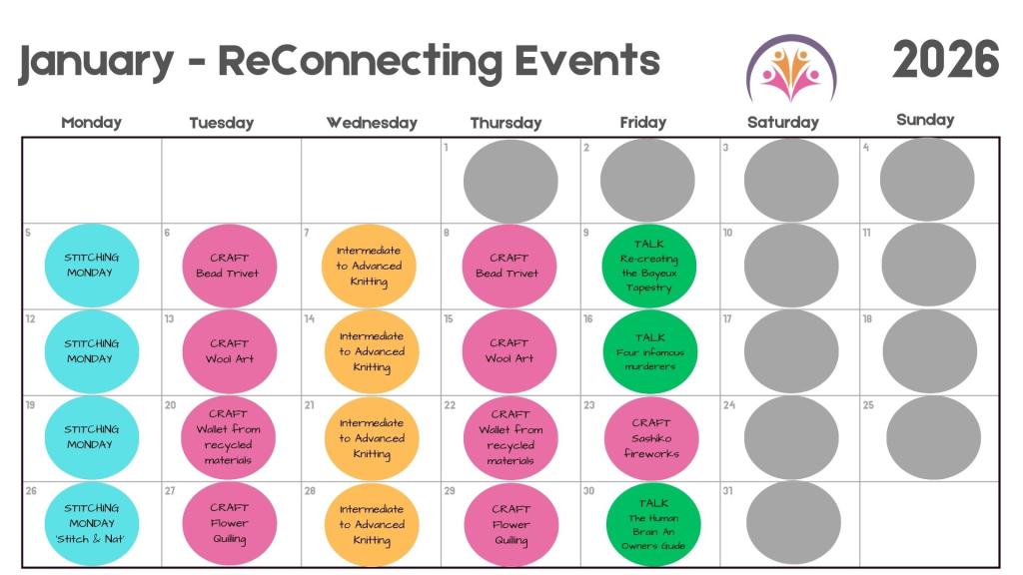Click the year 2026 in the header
(945, 60)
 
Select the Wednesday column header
(371, 123)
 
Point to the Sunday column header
(925, 120)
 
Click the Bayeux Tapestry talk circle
(649, 266)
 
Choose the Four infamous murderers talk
(649, 351)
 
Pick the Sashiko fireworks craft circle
(651, 438)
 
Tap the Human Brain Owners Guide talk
(653, 524)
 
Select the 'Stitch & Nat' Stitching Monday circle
(91, 523)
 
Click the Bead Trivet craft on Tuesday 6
(229, 266)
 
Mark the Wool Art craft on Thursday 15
(510, 351)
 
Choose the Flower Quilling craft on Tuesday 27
(229, 523)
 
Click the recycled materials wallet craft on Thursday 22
(511, 437)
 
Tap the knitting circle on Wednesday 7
(369, 266)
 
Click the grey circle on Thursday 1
(510, 181)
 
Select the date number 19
(30, 405)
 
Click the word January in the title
(96, 62)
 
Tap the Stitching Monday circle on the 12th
(90, 351)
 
